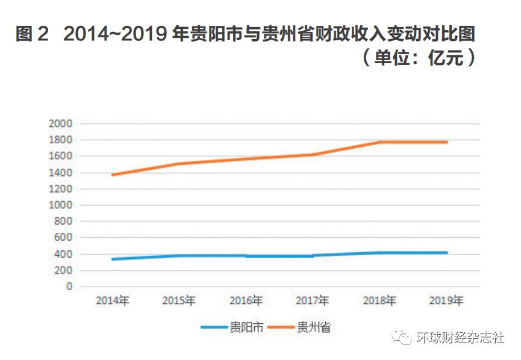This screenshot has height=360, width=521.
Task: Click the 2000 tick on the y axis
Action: pyautogui.click(x=61, y=123)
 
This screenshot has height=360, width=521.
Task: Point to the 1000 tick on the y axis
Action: pyautogui.click(x=61, y=205)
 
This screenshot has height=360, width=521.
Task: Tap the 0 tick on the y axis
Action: pyautogui.click(x=69, y=287)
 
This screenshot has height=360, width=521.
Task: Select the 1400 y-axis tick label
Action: pyautogui.click(x=61, y=173)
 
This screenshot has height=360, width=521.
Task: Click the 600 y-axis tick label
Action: pyautogui.click(x=63, y=238)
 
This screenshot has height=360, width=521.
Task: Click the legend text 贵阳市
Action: pyautogui.click(x=246, y=328)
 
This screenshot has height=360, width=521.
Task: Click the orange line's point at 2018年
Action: pyautogui.click(x=379, y=142)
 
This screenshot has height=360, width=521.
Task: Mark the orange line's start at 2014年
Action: pyautogui.click(x=113, y=175)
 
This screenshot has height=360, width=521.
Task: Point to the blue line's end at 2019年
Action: pyautogui.click(x=446, y=252)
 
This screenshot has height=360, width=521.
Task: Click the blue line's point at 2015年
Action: pyautogui.click(x=179, y=255)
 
